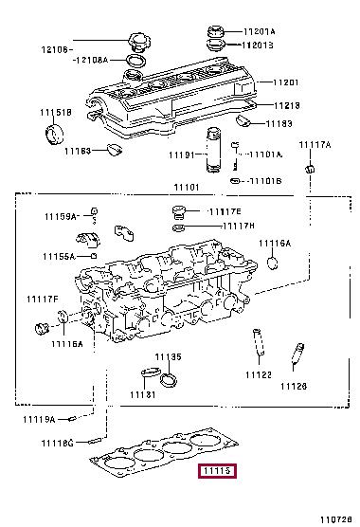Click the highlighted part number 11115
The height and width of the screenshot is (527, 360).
218,470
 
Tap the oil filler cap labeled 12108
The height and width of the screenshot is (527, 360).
137,42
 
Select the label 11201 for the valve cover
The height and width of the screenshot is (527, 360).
285,82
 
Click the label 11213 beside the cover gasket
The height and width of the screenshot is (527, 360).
286,105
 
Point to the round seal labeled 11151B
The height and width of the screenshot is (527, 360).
54,135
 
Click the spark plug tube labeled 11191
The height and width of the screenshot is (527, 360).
213,150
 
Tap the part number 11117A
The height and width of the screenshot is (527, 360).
315,145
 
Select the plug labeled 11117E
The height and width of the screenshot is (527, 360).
178,212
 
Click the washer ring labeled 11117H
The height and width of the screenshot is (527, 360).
178,228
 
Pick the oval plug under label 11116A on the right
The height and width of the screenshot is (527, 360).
273,263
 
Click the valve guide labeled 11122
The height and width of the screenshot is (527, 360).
259,342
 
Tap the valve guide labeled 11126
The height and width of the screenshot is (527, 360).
297,353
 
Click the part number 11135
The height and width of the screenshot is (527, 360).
168,357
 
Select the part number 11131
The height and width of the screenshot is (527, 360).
143,394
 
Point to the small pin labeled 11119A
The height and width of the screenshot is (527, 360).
72,419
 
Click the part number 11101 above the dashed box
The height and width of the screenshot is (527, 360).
187,188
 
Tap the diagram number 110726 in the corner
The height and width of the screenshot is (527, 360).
336,519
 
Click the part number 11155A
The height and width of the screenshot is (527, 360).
59,257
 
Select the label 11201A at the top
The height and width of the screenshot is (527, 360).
260,31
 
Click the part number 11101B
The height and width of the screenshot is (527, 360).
266,181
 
